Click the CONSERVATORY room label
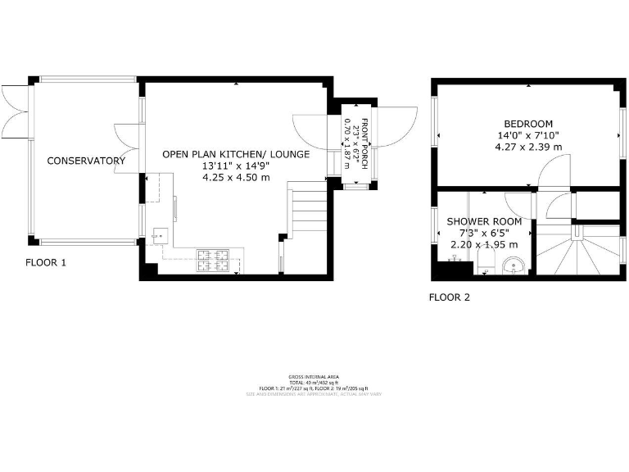[x=86, y=161]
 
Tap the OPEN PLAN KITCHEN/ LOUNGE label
[x=236, y=154]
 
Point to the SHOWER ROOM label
[x=484, y=221]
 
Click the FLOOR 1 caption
[x=46, y=263]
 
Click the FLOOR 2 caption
[x=450, y=297]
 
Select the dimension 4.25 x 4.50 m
[x=236, y=177]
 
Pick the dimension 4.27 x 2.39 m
[x=528, y=147]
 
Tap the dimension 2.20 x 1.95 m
[x=483, y=244]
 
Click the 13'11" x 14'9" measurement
[x=236, y=166]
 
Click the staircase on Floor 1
[x=306, y=211]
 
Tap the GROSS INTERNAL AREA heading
[x=314, y=376]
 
